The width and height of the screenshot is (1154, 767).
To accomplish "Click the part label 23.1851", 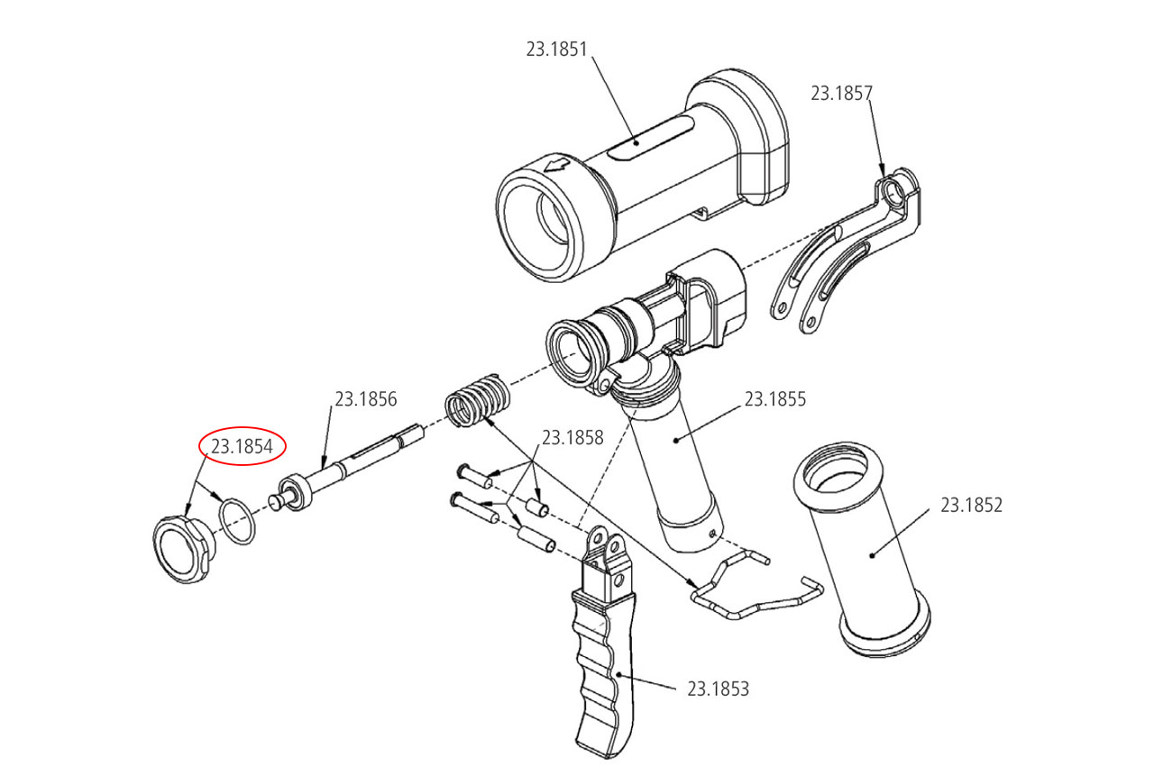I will click(556, 49).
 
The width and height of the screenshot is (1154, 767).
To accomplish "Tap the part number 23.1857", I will click(841, 93).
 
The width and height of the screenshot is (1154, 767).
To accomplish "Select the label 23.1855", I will click(774, 398).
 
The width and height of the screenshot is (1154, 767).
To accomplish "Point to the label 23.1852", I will click(971, 505).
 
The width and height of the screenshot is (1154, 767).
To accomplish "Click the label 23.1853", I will click(718, 689).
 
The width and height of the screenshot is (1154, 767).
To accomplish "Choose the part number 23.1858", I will click(572, 438).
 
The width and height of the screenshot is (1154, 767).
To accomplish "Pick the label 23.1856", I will click(365, 398).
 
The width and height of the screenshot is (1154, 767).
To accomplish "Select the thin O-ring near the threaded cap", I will click(237, 521).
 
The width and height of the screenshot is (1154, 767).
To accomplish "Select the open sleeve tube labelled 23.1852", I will click(864, 550).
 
